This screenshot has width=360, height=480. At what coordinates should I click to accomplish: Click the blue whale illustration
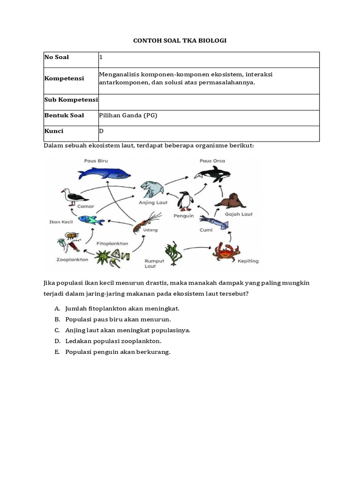click(105, 173)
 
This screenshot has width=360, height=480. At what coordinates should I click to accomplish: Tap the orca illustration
click(212, 174)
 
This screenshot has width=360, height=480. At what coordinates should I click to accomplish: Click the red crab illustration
click(226, 251)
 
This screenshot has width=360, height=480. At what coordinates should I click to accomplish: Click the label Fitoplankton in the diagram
click(112, 244)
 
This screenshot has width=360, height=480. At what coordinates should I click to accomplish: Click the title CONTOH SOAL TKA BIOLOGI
click(180, 41)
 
